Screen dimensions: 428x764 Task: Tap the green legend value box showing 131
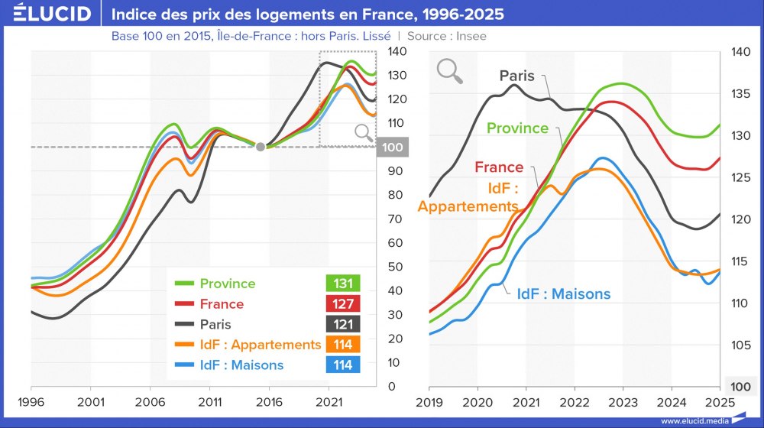coord(343,284)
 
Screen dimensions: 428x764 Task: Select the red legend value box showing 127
coord(343,304)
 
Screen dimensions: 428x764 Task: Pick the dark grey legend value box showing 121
coord(343,324)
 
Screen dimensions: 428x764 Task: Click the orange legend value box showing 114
coord(343,345)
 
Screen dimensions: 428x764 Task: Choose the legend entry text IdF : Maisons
coord(241,365)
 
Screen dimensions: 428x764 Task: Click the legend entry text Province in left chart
coord(228,284)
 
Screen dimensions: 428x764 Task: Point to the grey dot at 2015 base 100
coord(261,147)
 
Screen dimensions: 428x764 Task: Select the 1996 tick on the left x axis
coord(31,401)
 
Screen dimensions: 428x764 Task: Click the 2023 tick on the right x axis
coord(623,401)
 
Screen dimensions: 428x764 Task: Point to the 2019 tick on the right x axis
coord(429,401)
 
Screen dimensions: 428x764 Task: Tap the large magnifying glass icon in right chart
coord(450,71)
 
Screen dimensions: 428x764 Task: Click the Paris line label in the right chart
coord(517,76)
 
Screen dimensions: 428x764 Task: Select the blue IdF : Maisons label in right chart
coord(564,294)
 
